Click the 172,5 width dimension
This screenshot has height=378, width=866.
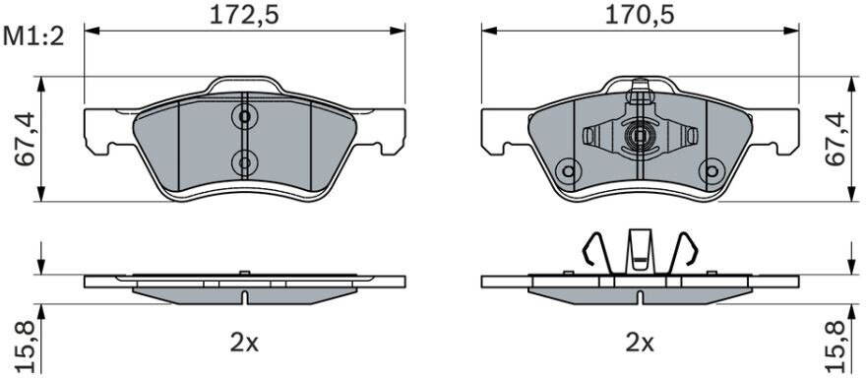(244, 15)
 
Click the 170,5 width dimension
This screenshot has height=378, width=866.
(640, 15)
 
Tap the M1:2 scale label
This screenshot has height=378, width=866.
(34, 37)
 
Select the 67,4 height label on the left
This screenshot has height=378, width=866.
(26, 140)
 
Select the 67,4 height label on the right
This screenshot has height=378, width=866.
(835, 139)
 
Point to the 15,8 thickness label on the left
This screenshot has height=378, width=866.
(26, 346)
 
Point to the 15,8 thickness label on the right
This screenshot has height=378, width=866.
(835, 346)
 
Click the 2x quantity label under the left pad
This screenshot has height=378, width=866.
(244, 344)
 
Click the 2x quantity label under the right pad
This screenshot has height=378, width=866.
(640, 344)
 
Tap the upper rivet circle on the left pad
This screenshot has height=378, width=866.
(244, 116)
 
